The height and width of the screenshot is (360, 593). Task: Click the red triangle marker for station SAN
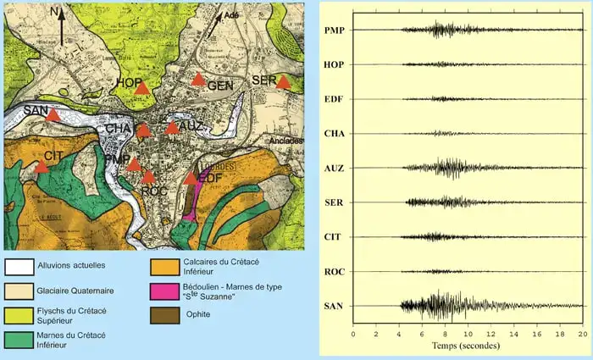[53, 115]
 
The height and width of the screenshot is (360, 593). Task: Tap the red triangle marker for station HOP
[142, 87]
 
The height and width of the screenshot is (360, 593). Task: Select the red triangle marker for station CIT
[41, 167]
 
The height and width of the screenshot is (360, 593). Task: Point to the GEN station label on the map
[220, 86]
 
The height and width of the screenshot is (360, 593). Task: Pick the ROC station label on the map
[153, 191]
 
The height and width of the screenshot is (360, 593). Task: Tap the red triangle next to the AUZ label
[172, 128]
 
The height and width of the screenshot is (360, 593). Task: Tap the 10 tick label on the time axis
[468, 335]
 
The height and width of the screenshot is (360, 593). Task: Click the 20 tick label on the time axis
[582, 335]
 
